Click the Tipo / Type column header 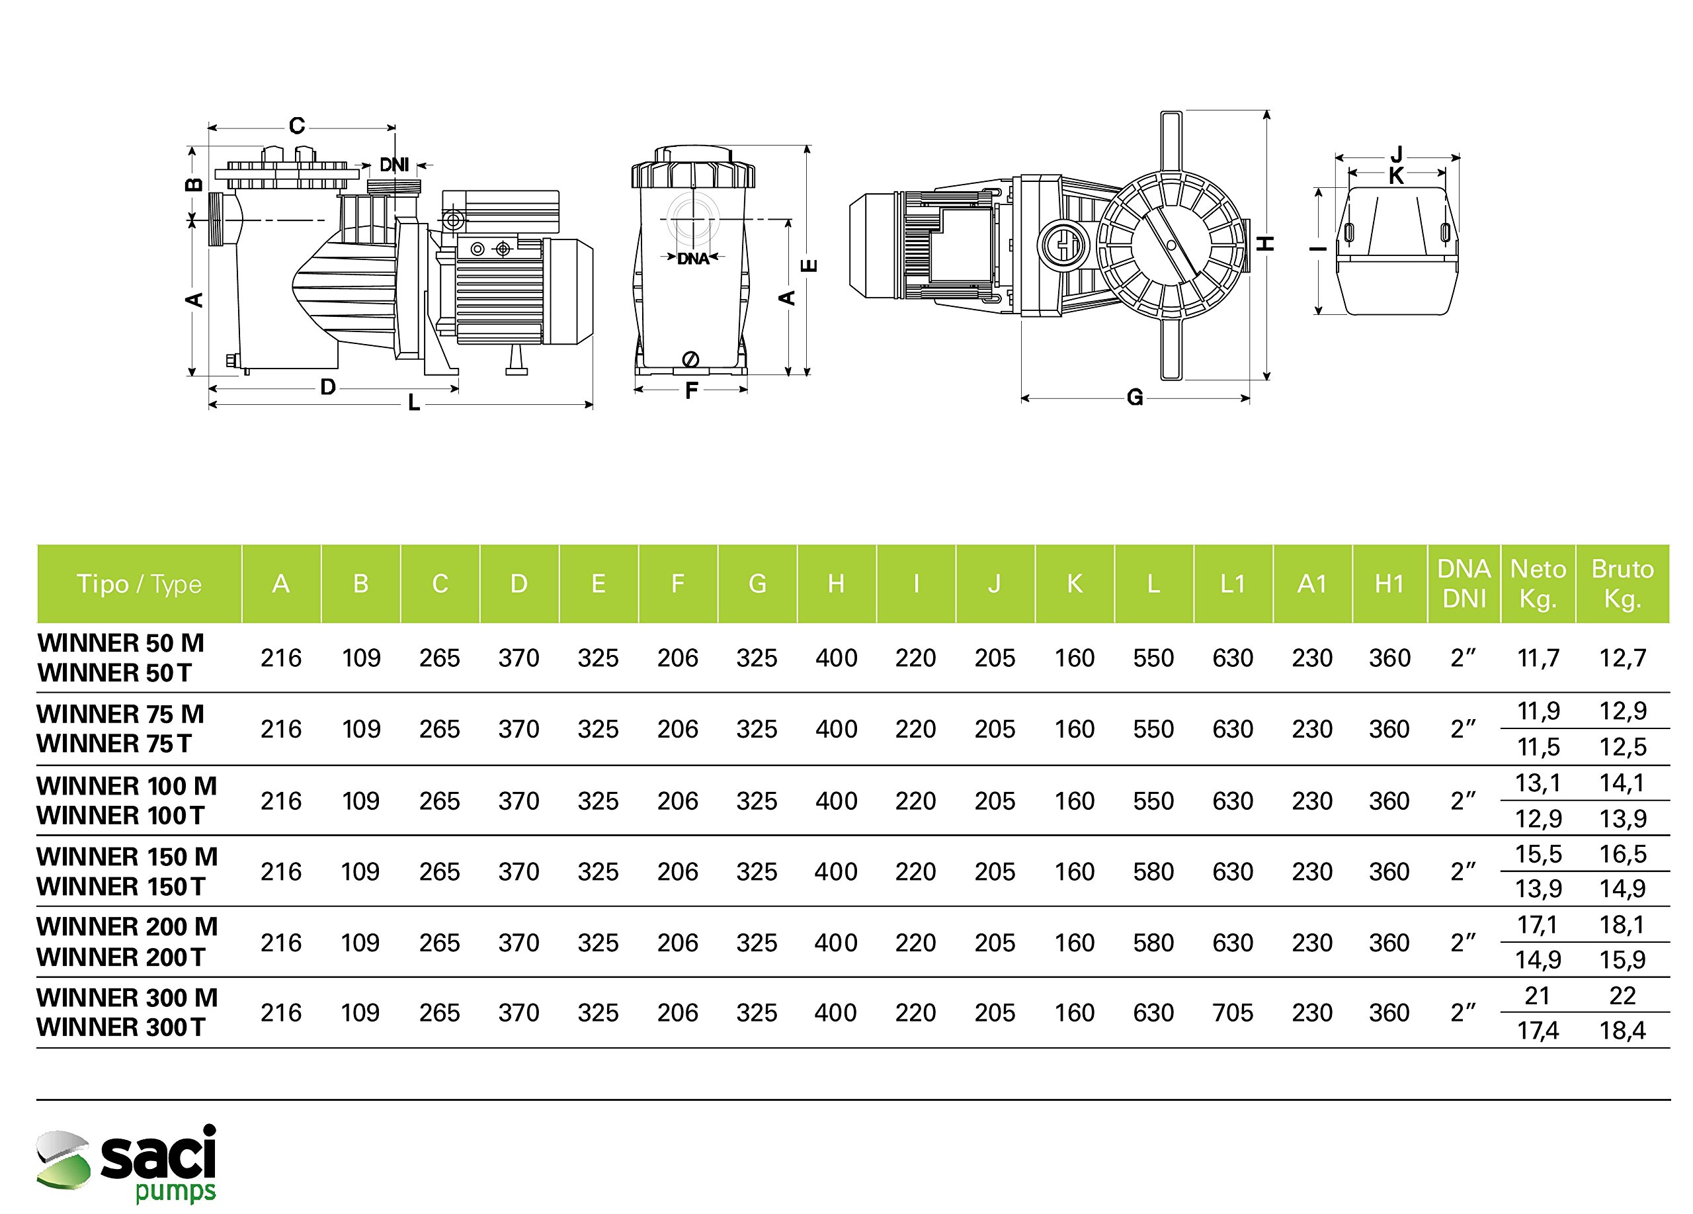139,584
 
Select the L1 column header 1233,584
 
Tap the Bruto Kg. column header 1622,584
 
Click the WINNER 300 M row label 127,998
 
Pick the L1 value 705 1233,1013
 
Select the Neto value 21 1537,996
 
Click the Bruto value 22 1622,996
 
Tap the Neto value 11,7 1538,658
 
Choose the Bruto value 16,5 1622,854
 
